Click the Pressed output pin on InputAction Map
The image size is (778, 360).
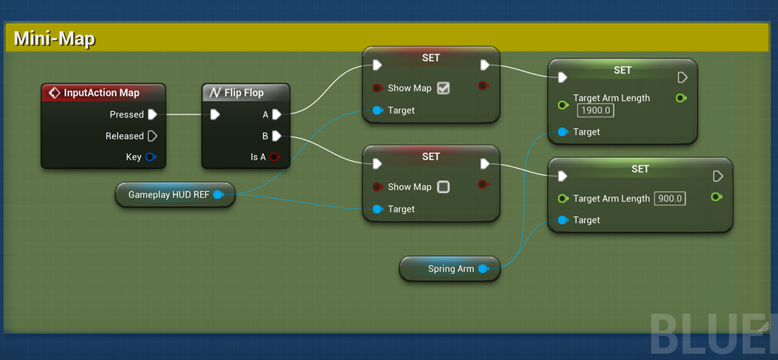(152, 114)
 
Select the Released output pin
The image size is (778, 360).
(152, 136)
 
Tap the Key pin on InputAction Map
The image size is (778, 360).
(151, 157)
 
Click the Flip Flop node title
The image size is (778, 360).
(244, 93)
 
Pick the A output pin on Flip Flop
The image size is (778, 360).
(276, 114)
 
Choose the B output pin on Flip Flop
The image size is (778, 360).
(276, 136)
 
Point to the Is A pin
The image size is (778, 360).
(275, 157)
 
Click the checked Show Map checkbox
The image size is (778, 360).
(443, 88)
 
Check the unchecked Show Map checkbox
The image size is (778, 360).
(443, 187)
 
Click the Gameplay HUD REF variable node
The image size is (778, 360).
(168, 194)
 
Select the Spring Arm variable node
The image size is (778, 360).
(450, 269)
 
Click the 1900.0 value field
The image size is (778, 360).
(596, 110)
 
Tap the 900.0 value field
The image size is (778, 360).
(669, 198)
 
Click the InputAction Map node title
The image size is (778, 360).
(101, 93)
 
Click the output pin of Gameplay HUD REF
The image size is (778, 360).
(219, 194)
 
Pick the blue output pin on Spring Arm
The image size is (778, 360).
(483, 269)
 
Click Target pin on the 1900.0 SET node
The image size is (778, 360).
(562, 132)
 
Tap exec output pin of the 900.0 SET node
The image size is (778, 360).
(717, 177)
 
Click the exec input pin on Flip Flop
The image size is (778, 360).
(215, 114)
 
